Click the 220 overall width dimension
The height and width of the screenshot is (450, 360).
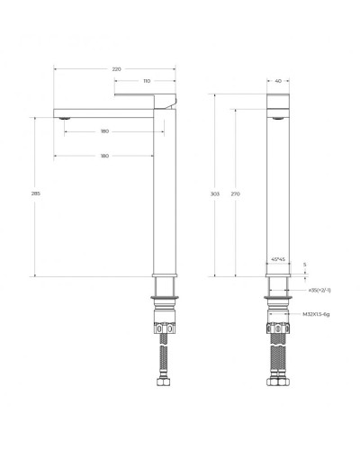point(116,68)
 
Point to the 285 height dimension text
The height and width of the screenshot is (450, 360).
point(35,193)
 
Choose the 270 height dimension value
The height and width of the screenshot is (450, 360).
point(235,193)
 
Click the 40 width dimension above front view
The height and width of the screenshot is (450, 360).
point(277,81)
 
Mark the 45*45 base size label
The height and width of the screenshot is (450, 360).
point(277,259)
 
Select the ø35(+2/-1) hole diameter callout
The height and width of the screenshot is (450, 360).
point(319,290)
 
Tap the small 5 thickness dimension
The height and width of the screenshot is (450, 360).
point(306,265)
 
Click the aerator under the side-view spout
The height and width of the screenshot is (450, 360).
point(63,116)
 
